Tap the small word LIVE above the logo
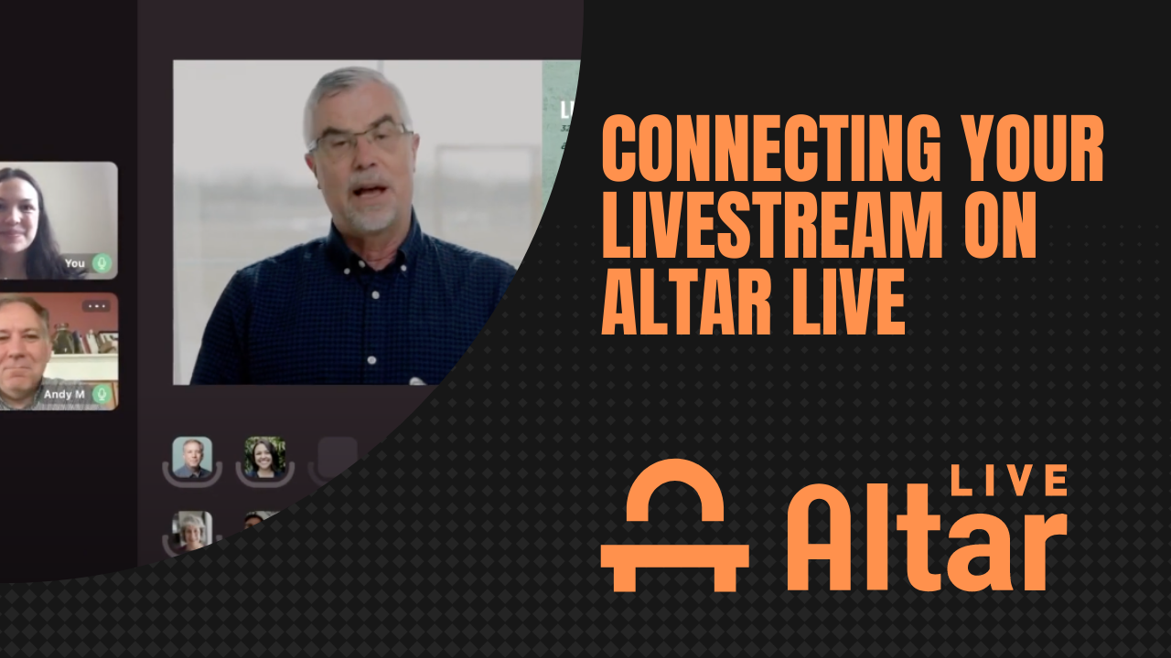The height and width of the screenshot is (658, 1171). (x=1009, y=481)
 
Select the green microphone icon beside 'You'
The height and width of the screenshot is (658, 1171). (x=102, y=263)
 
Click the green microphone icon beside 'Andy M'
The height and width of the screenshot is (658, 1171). (x=102, y=394)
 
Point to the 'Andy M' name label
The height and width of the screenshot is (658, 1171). (x=64, y=395)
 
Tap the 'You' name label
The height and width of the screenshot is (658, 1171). (x=75, y=263)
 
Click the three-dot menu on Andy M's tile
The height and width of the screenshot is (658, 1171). (x=96, y=306)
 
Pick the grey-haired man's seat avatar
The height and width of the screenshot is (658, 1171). (x=192, y=456)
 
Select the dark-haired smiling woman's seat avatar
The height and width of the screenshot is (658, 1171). (x=264, y=456)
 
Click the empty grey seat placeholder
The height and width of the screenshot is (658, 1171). (x=336, y=456)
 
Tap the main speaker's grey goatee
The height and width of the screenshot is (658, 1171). (x=370, y=218)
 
